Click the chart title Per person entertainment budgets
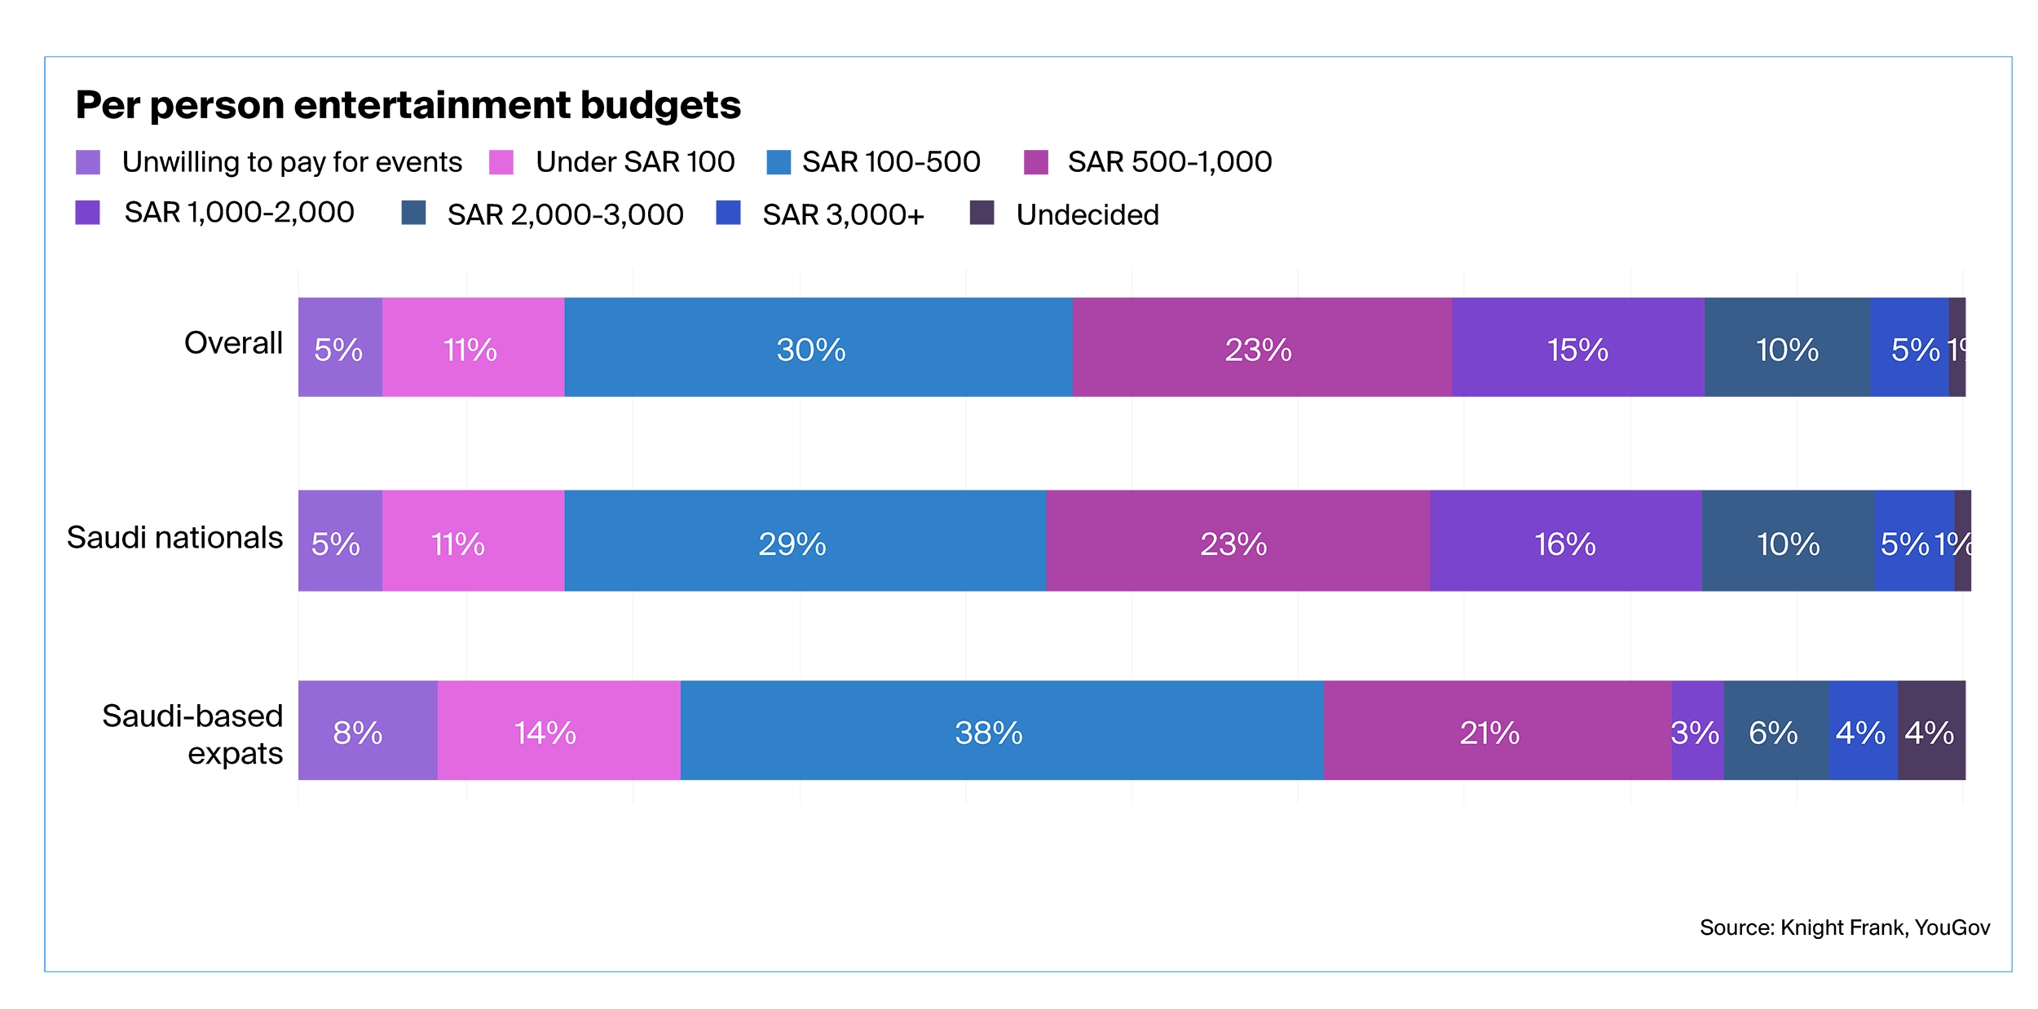click(408, 105)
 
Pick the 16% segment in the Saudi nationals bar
click(1565, 541)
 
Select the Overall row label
click(233, 343)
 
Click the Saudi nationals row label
click(174, 538)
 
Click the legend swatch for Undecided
click(982, 213)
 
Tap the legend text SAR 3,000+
click(843, 214)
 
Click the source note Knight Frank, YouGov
click(1844, 927)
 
